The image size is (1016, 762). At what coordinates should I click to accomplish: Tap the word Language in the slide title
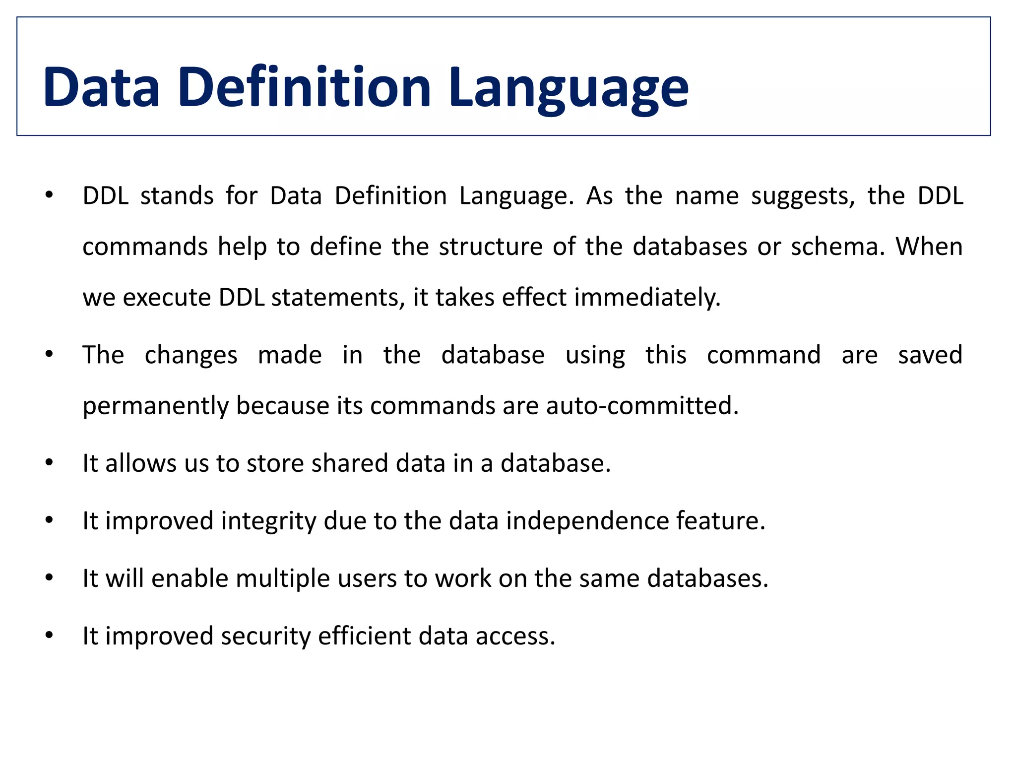pos(569,89)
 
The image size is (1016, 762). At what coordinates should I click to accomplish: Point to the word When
pos(929,247)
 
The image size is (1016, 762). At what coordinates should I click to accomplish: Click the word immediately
pos(647,298)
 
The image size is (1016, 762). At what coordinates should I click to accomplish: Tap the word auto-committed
pos(642,406)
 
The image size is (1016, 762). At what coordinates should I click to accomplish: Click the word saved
pos(930,355)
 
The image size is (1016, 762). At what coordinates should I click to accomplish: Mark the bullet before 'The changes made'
pos(49,355)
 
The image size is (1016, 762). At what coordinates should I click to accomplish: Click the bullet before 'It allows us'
pos(49,463)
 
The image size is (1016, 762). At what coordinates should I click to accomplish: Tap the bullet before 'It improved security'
pos(49,635)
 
